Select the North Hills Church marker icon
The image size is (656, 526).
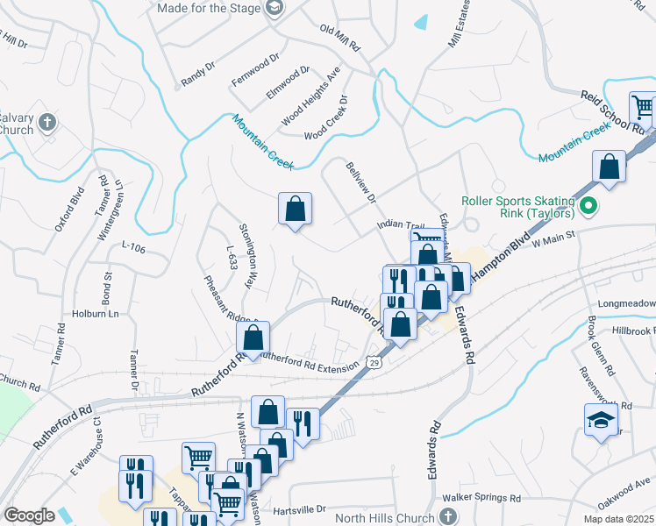[x=449, y=515]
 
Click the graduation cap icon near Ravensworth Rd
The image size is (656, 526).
[x=602, y=419]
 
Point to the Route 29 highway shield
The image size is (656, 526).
[x=374, y=362]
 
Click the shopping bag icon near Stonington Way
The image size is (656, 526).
[x=296, y=210]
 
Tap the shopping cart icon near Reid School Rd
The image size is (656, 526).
[x=643, y=107]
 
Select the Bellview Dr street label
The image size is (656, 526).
[x=360, y=182]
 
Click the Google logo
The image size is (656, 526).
[x=30, y=515]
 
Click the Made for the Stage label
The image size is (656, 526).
[x=209, y=8]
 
